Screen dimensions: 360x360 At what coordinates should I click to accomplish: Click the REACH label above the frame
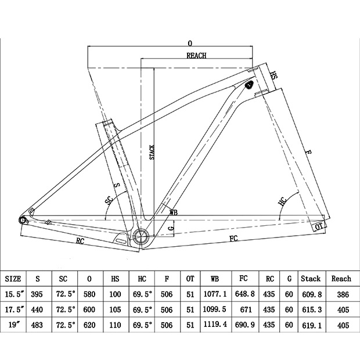(x=196, y=56)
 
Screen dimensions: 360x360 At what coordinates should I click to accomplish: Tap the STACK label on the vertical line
(x=152, y=152)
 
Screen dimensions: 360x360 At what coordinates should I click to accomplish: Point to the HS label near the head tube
(x=273, y=75)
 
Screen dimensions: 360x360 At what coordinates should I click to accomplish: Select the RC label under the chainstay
(x=80, y=241)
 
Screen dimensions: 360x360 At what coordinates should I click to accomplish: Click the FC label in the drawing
(x=233, y=238)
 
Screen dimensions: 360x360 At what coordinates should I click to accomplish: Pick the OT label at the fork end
(x=319, y=226)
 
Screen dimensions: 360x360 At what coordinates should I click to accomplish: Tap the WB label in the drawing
(x=174, y=213)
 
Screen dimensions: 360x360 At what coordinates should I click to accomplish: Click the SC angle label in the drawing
(x=109, y=200)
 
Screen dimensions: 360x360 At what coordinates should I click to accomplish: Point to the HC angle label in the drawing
(x=283, y=201)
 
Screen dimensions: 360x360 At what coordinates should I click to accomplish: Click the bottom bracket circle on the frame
(x=141, y=236)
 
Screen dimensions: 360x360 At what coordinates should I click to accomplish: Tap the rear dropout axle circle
(x=23, y=221)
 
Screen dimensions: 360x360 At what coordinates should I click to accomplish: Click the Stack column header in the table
(x=311, y=279)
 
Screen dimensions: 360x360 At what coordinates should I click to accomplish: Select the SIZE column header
(x=13, y=279)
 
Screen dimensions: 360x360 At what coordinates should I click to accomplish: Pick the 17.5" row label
(x=15, y=309)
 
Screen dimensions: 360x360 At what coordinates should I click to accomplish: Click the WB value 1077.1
(x=215, y=294)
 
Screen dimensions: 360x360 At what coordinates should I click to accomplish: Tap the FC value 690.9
(x=245, y=325)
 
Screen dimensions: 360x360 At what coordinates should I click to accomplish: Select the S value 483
(x=37, y=325)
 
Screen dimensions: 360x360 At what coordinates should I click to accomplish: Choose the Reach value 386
(x=343, y=294)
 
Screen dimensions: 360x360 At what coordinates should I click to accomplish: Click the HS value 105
(x=115, y=309)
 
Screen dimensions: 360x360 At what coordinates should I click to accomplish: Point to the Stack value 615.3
(x=312, y=309)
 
